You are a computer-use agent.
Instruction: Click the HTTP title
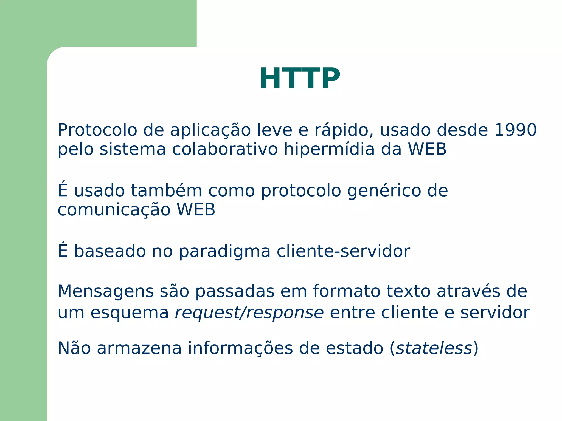pos(300,79)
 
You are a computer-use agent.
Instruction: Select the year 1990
pos(515,130)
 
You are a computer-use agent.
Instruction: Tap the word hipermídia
pos(329,149)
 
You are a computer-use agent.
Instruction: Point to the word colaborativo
pos(225,149)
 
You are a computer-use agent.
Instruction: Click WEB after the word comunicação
pos(196,210)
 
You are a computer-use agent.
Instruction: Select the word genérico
pos(384,191)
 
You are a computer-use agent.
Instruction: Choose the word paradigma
pos(224,252)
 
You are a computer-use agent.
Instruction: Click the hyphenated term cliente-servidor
pos(343,251)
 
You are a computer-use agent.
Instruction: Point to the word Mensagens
pos(106,292)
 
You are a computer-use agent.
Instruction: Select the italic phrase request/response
pos(249,313)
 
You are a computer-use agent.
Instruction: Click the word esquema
pos(130,313)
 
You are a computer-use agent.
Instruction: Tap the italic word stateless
pos(434,348)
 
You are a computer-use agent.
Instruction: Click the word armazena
pos(139,348)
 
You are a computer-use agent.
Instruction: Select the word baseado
pos(110,251)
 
